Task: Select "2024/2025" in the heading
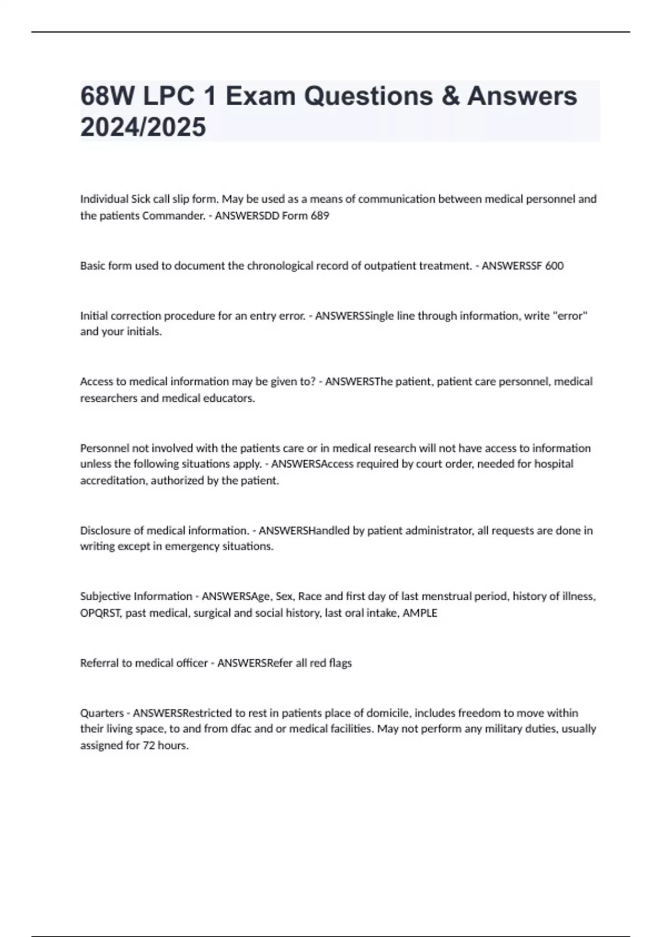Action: (x=143, y=127)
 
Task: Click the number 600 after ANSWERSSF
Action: (x=554, y=266)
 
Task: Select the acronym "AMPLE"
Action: (x=420, y=613)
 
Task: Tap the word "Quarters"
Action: (x=102, y=713)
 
